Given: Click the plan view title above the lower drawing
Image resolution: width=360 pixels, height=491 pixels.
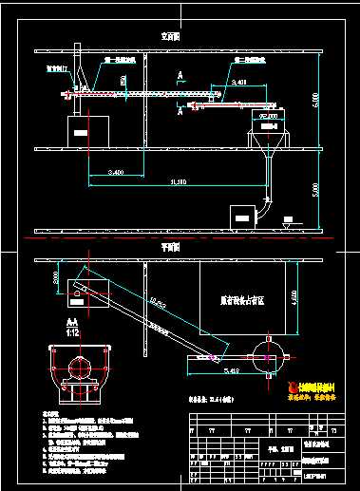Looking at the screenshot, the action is (171, 246).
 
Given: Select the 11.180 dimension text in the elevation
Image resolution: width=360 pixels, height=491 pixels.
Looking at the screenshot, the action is (178, 180).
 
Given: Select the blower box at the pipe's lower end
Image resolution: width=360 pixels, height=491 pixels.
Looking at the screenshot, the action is (241, 214).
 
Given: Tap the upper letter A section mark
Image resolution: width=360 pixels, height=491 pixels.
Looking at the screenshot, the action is (180, 74).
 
